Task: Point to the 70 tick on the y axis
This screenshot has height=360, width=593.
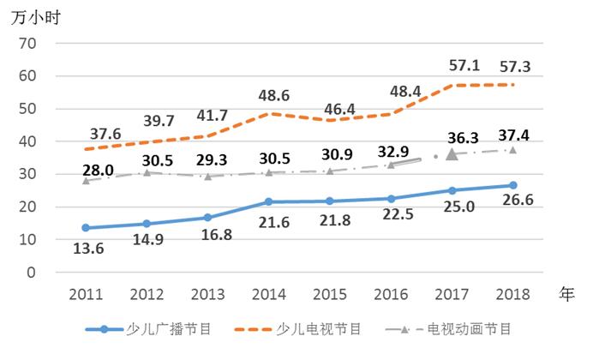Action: (x=27, y=43)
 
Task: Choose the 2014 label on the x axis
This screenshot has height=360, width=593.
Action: (x=270, y=294)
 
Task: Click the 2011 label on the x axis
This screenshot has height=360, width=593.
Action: (x=86, y=294)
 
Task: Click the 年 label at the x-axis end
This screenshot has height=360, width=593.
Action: (x=566, y=293)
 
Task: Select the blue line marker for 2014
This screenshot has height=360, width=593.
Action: (x=269, y=201)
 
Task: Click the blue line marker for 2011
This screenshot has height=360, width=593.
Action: (x=86, y=228)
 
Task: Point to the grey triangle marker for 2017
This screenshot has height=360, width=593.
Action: (x=452, y=154)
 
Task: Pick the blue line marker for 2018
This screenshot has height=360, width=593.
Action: (x=512, y=185)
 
